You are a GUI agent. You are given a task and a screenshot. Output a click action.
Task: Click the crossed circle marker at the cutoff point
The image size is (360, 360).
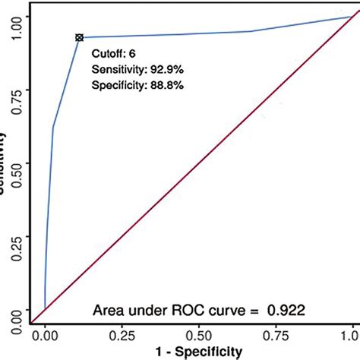79,37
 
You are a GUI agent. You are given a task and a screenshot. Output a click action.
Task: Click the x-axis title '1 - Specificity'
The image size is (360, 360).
198,351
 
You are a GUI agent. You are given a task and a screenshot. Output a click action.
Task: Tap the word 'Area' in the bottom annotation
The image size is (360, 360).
109,310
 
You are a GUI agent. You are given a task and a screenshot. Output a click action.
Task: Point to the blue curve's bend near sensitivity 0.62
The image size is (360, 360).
53,128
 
